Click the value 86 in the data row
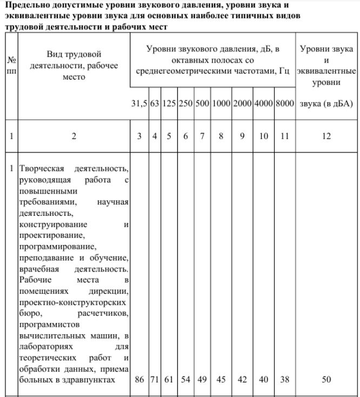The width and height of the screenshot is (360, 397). pos(139,380)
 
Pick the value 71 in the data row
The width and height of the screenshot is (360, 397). pos(154,380)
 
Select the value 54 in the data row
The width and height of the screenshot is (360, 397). pos(185,380)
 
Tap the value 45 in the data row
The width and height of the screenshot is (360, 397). pos(221,380)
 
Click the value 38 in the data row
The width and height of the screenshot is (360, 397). pos(284,380)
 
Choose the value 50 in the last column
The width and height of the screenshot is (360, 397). pos(326,380)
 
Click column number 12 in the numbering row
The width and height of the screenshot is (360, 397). pos(326,136)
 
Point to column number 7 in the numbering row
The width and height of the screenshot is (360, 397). pos(202,136)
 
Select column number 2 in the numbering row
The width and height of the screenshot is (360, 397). pos(74,136)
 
